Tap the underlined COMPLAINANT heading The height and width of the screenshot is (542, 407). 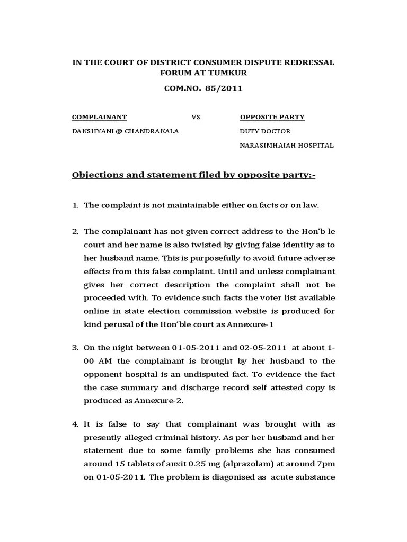(100, 117)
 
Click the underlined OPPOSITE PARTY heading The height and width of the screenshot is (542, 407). (272, 117)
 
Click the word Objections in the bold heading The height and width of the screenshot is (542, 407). (97, 175)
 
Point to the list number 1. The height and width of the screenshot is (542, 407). (75, 205)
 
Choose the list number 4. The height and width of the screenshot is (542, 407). (75, 424)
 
